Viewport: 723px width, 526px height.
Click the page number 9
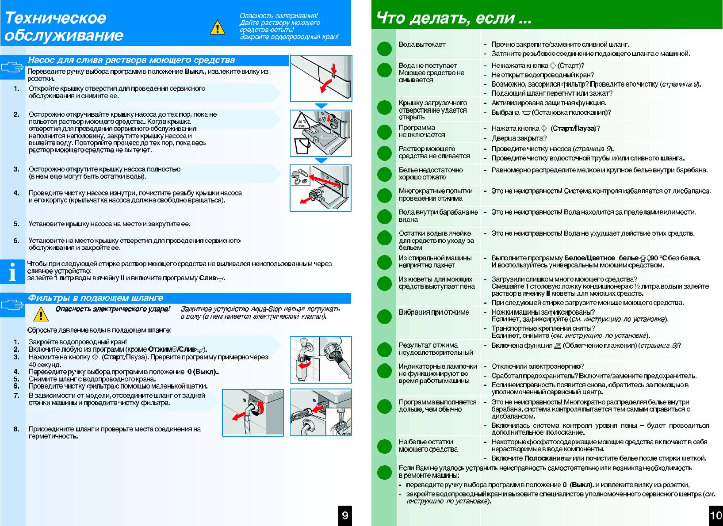point(345,515)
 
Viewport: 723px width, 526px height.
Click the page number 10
point(715,515)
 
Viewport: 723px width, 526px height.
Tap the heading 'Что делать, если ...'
point(453,18)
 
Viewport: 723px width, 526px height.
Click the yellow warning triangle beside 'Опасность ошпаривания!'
point(217,28)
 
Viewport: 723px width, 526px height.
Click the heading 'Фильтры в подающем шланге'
point(96,298)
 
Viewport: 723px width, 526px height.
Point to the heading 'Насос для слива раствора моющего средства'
point(131,60)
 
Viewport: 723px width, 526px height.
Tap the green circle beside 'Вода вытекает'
point(385,49)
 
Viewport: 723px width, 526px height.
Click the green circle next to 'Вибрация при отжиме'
point(385,316)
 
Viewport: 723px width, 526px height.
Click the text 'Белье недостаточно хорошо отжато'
point(430,173)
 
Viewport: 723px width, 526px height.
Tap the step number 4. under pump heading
point(16,193)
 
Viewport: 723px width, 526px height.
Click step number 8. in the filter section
point(16,429)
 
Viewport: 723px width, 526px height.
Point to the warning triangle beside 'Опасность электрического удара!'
point(41,314)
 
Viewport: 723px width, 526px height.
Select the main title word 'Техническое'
point(56,18)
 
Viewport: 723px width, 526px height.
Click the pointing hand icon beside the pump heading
point(12,67)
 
